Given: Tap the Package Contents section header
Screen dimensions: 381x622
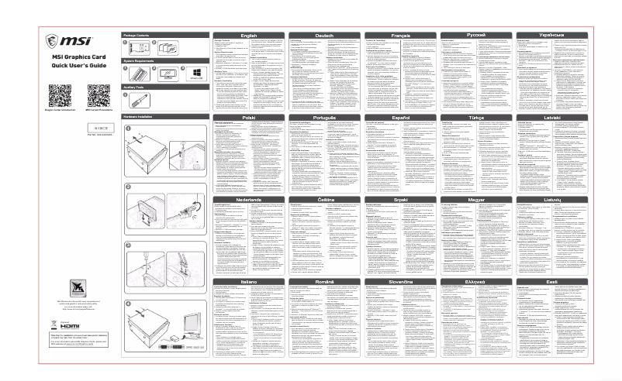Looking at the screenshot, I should [139, 35].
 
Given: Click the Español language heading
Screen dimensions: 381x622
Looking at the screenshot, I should [401, 116].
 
